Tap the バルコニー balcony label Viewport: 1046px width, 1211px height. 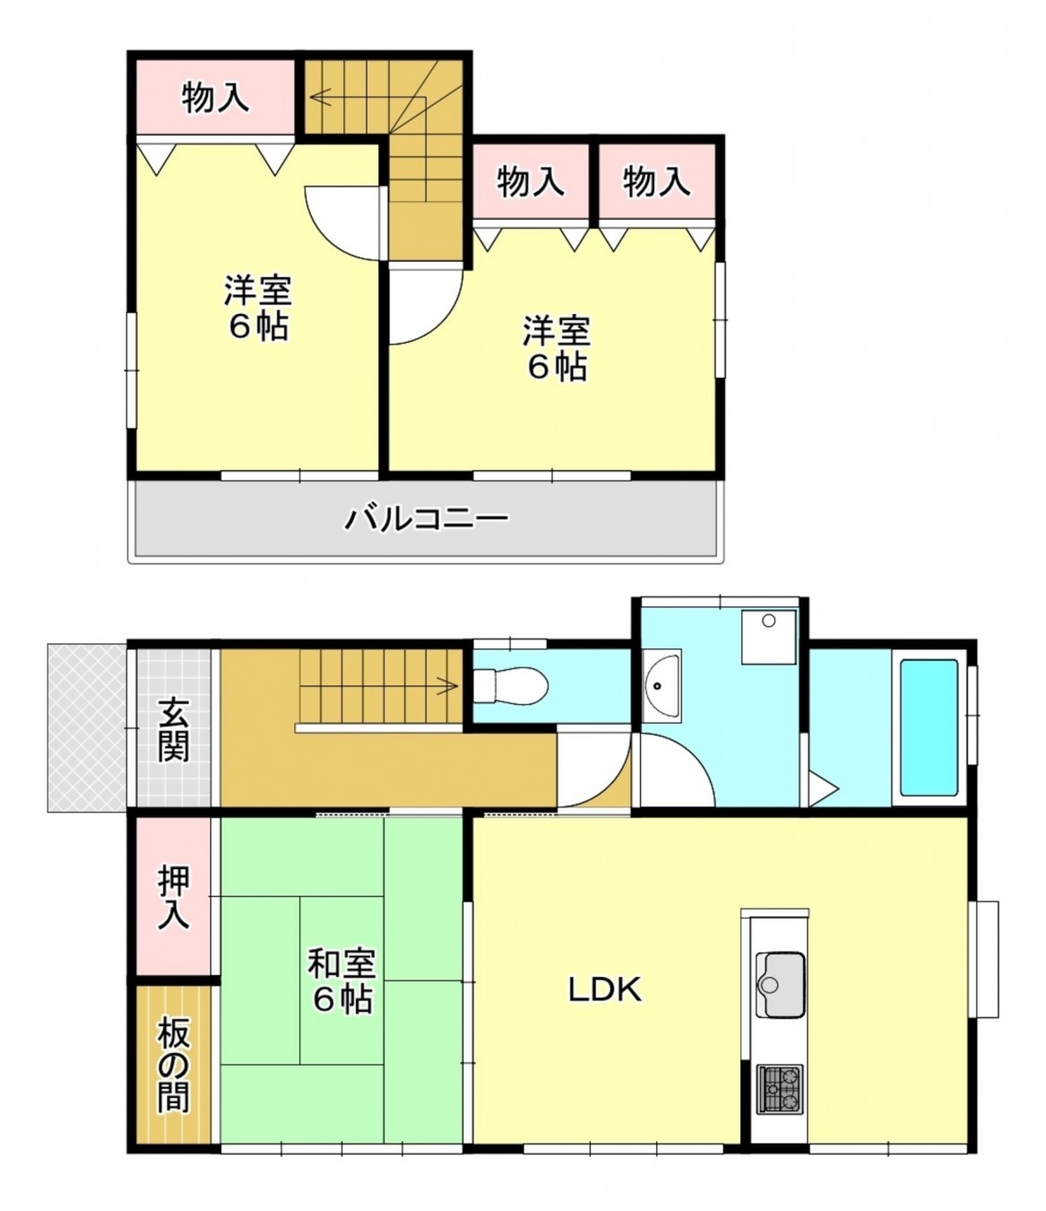tap(428, 518)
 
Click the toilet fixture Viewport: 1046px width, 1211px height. tap(511, 686)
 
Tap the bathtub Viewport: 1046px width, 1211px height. tap(928, 727)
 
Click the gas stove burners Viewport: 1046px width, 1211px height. tap(779, 1087)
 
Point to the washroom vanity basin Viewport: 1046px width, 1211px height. tap(662, 684)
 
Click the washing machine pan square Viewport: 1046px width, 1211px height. tap(768, 636)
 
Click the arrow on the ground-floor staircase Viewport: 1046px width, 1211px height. tap(445, 687)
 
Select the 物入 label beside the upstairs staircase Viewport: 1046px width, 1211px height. tap(215, 97)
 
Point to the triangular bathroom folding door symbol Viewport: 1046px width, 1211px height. tap(822, 788)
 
